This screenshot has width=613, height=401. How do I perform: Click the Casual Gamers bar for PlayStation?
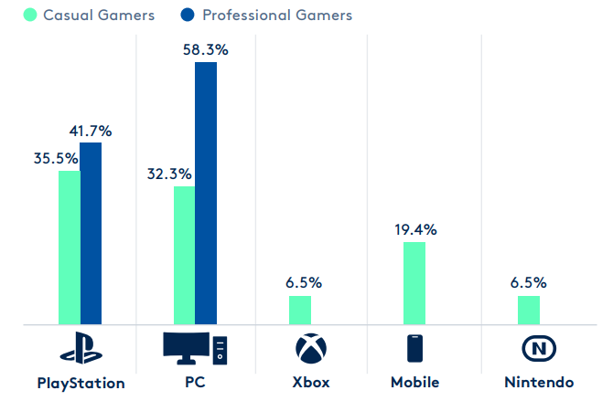tap(70, 247)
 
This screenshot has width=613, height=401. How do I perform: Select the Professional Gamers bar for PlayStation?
tap(91, 233)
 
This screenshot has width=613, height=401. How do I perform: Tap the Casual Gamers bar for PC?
tap(184, 255)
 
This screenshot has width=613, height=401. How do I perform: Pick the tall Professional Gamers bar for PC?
tap(206, 193)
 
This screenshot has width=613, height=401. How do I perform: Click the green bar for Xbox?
tap(300, 310)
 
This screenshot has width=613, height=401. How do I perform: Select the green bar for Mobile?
tap(414, 282)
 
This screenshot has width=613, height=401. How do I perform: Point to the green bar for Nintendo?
tap(529, 310)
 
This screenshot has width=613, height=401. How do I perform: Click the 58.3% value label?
tap(206, 50)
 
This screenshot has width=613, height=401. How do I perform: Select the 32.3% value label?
tap(169, 172)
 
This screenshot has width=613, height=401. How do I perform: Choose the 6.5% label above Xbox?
tap(303, 283)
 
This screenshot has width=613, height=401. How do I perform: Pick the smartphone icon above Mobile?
tap(415, 350)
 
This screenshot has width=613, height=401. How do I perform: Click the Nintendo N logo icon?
tap(539, 350)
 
